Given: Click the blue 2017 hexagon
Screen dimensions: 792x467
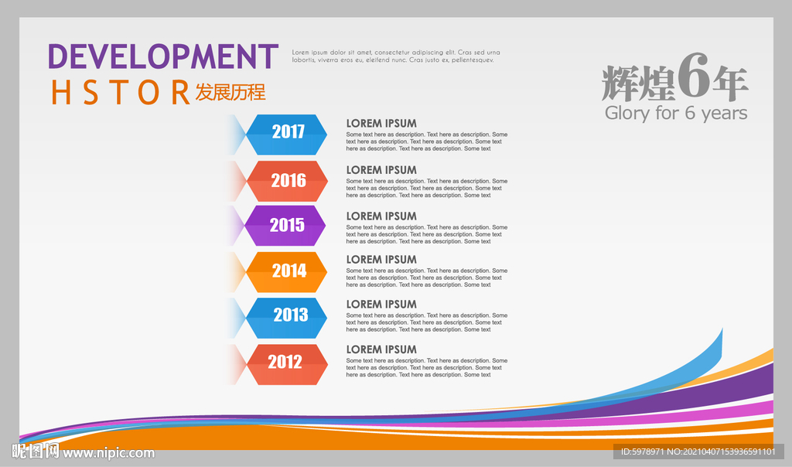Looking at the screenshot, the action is click(x=286, y=135).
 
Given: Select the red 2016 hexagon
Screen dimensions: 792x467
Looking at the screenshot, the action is click(x=287, y=181).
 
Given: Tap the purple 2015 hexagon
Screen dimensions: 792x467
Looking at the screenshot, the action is click(x=285, y=225).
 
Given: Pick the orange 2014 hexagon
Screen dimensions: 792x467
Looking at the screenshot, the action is click(x=286, y=271).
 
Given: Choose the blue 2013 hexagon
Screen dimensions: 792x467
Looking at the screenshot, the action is click(x=286, y=318).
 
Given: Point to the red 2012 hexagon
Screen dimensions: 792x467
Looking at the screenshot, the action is click(x=287, y=364).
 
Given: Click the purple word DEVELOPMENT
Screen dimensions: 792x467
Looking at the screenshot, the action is click(x=163, y=56).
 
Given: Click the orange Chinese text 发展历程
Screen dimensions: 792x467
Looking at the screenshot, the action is click(x=230, y=92).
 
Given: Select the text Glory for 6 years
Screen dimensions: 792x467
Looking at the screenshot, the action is click(x=676, y=113).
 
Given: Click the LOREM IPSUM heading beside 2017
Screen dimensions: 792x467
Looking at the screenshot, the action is click(x=381, y=123).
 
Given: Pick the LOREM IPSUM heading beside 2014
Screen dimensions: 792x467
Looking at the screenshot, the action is click(x=381, y=260).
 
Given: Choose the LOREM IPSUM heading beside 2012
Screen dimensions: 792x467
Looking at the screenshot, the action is click(x=381, y=349).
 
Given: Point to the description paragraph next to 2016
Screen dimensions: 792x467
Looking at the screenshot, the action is click(x=427, y=188).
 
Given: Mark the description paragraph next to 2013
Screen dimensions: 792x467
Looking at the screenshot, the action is click(x=427, y=322).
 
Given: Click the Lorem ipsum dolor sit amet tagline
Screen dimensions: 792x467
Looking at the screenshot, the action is click(x=396, y=56).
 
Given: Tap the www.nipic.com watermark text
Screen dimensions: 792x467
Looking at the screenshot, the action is click(x=108, y=453).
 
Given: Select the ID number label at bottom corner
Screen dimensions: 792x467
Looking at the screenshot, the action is click(x=698, y=452).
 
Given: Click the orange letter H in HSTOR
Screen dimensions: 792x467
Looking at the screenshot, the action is click(x=60, y=92).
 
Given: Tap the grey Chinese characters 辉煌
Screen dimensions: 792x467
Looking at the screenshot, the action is click(x=638, y=84).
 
